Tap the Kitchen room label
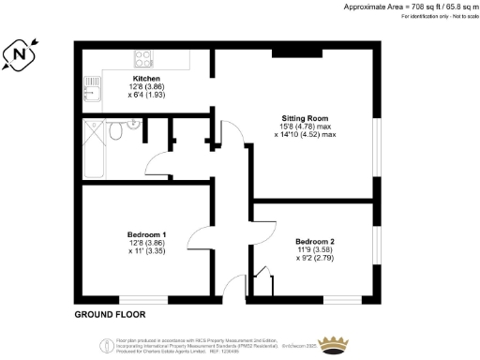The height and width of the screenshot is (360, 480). (x=146, y=79)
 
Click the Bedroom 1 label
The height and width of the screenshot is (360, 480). (x=147, y=233)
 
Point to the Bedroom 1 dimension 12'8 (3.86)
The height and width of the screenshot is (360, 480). (x=147, y=242)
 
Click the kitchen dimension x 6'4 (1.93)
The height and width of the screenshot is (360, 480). (x=146, y=96)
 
